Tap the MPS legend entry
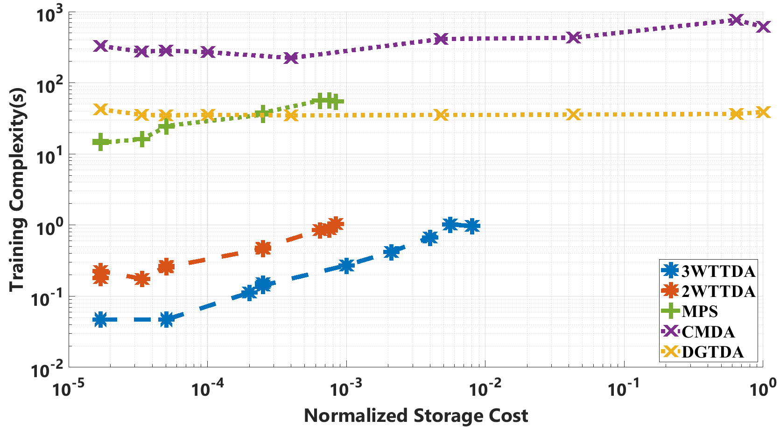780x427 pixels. click(699, 311)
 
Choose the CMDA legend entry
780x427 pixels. click(708, 331)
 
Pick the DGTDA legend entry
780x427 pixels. click(712, 352)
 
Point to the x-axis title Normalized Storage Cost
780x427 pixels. click(416, 415)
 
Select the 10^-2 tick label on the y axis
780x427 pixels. click(47, 371)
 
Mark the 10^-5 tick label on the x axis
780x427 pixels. click(69, 389)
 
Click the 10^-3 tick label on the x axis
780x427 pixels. click(346, 389)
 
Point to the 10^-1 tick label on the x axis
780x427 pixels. click(623, 389)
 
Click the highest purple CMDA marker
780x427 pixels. click(736, 20)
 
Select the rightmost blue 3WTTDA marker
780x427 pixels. click(472, 226)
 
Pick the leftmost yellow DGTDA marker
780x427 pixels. click(100, 110)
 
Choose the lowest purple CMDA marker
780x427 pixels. click(291, 58)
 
